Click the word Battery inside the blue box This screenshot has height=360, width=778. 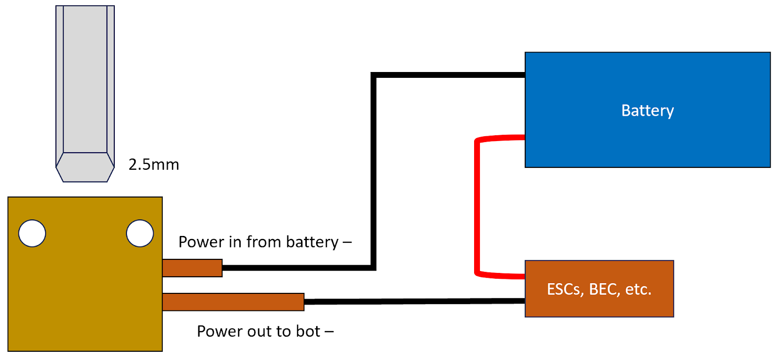tap(647, 111)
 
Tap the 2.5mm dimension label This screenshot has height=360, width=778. tap(154, 164)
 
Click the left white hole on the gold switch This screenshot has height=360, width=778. tap(32, 234)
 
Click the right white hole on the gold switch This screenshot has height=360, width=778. tap(140, 234)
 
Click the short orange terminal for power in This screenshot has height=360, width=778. tap(192, 268)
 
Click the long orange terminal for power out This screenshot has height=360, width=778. tap(233, 302)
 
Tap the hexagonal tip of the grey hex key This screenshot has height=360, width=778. tap(85, 168)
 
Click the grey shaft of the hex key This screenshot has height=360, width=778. tap(85, 78)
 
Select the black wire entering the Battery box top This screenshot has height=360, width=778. tap(447, 75)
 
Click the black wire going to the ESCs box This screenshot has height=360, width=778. tap(413, 302)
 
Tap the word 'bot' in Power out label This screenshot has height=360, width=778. tap(308, 331)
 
